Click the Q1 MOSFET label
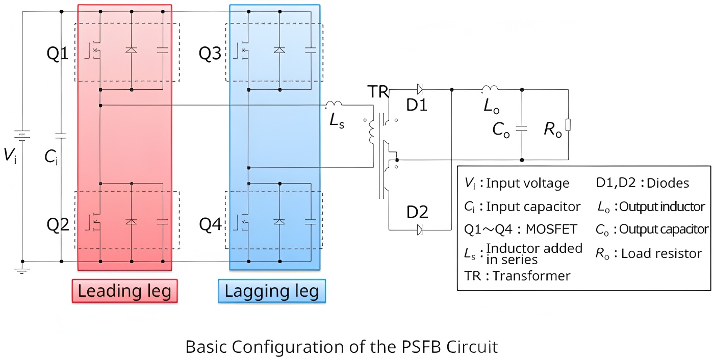click(58, 53)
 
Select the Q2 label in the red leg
click(58, 224)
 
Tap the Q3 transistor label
click(210, 53)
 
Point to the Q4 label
click(210, 224)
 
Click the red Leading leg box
click(124, 291)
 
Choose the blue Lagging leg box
click(272, 291)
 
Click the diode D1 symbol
click(420, 90)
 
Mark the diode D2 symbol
click(420, 229)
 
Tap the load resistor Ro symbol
click(568, 124)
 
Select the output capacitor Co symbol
click(521, 128)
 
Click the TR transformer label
click(378, 92)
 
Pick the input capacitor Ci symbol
click(61, 136)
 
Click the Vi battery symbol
click(22, 135)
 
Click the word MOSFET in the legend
click(552, 229)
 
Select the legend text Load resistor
click(661, 253)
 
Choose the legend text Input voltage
click(528, 183)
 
